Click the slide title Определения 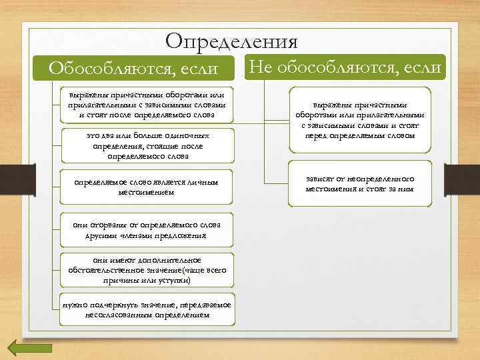tap(231, 41)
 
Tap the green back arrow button tap(29, 348)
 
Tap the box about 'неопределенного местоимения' tap(359, 184)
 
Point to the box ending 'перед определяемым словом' tap(359, 120)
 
